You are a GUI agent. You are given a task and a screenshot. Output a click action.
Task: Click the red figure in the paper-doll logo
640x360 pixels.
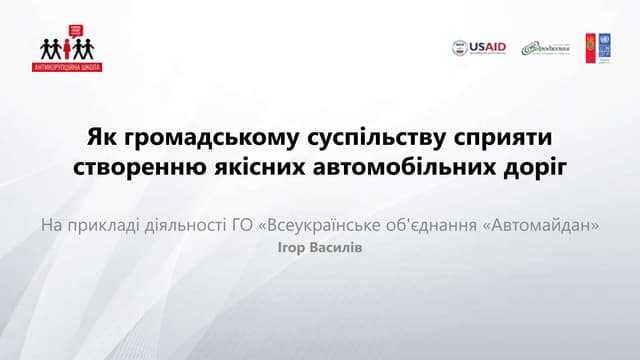67,47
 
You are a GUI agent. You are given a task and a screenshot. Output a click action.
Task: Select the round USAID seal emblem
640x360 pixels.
460,47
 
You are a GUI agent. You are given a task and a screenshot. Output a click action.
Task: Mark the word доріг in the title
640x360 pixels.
537,166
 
